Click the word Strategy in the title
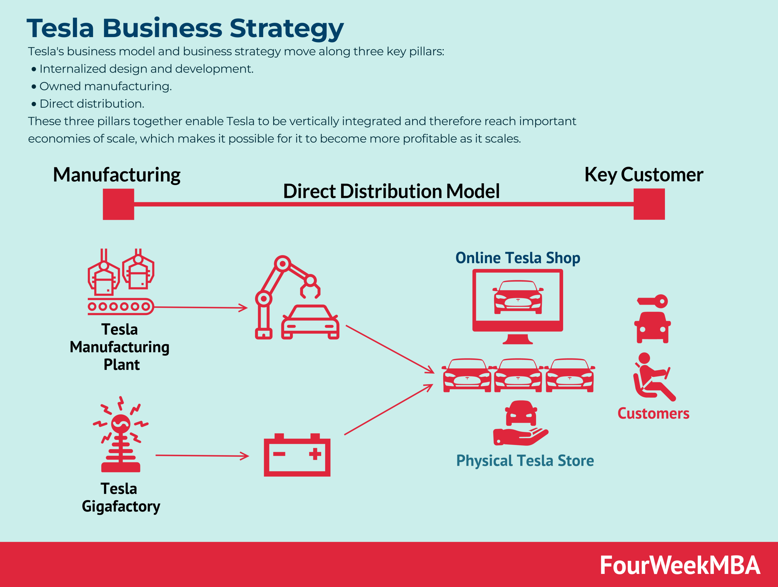[286, 28]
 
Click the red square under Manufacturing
[118, 204]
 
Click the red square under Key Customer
[649, 204]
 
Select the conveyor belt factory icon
[121, 281]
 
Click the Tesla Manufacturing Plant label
[119, 347]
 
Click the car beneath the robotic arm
[310, 323]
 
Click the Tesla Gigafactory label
[121, 497]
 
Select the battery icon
[297, 455]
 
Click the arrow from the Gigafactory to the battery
[202, 456]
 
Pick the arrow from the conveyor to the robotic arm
[201, 307]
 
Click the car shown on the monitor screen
[518, 297]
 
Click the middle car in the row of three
[518, 375]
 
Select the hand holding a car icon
[521, 424]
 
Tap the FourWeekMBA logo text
[680, 565]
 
